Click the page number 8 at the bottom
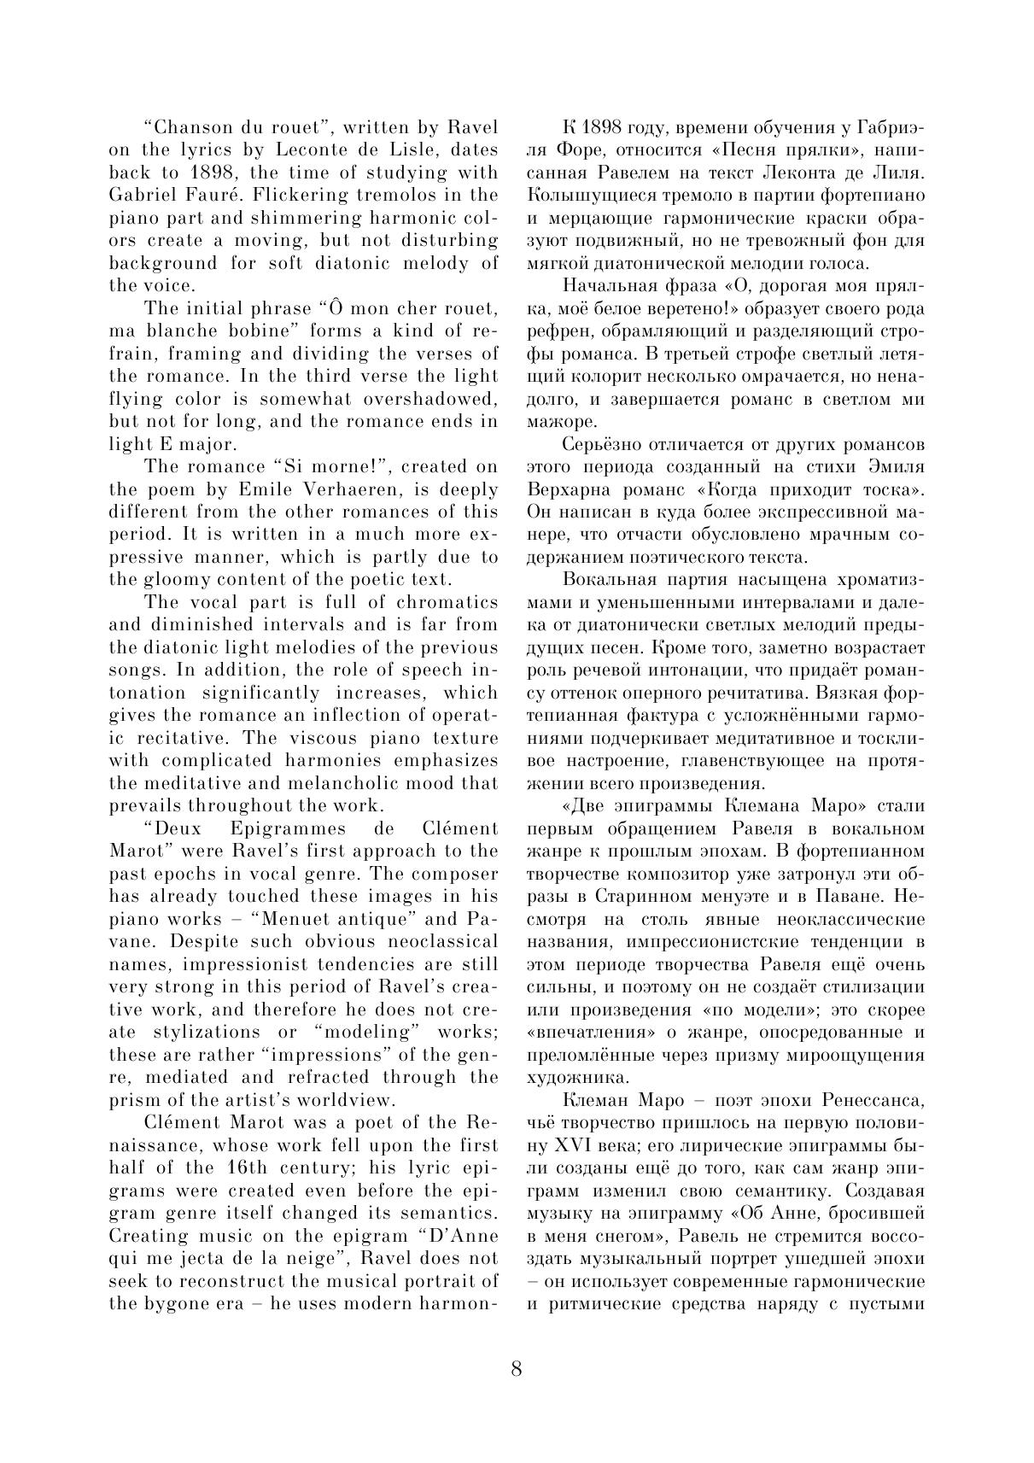(x=517, y=1369)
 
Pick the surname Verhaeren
(x=359, y=489)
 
